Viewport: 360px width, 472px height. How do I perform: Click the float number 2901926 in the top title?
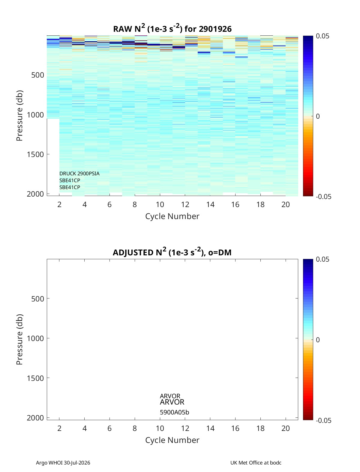215,29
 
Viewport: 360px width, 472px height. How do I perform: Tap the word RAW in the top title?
123,29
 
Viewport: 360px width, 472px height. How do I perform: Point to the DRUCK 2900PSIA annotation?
79,174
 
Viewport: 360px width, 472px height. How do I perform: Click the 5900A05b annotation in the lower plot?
174,412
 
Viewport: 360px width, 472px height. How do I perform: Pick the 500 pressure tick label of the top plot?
38,75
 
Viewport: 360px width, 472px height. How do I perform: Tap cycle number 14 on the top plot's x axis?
210,204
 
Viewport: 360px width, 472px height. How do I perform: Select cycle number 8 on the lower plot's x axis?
135,428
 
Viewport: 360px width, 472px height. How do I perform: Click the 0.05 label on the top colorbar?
322,36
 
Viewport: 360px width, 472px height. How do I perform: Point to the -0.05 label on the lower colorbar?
323,420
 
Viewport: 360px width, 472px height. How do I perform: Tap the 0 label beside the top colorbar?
318,116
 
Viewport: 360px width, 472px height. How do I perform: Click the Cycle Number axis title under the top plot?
172,216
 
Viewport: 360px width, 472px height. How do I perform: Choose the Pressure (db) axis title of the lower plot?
19,339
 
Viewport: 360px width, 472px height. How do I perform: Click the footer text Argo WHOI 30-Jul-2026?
63,462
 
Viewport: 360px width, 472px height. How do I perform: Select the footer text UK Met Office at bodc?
256,462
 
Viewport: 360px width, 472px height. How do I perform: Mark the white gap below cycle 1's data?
53,157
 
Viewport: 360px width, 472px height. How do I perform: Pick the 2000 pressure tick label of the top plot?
35,194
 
